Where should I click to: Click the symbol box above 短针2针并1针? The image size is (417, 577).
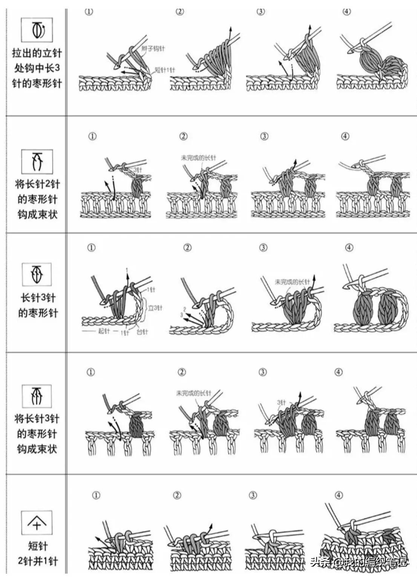pyautogui.click(x=37, y=523)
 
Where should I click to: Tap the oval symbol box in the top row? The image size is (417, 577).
pyautogui.click(x=37, y=30)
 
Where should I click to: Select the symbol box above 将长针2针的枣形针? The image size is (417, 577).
pyautogui.click(x=37, y=161)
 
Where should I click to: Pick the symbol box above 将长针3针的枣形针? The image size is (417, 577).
pyautogui.click(x=37, y=396)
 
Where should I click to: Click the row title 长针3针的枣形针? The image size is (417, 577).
pyautogui.click(x=38, y=305)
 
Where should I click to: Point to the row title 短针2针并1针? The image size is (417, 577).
pyautogui.click(x=38, y=553)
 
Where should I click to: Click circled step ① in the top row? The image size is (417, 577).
pyautogui.click(x=89, y=12)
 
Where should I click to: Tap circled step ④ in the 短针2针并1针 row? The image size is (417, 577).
pyautogui.click(x=339, y=495)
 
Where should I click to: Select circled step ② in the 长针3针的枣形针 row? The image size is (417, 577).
pyautogui.click(x=187, y=248)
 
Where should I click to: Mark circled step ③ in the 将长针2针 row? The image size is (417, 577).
pyautogui.click(x=264, y=136)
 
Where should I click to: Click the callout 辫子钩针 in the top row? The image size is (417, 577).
pyautogui.click(x=153, y=49)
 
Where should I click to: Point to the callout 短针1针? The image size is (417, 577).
pyautogui.click(x=165, y=70)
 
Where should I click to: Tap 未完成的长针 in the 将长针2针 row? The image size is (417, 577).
pyautogui.click(x=198, y=158)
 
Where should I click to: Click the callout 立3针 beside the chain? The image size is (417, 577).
pyautogui.click(x=155, y=308)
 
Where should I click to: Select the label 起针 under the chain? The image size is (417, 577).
pyautogui.click(x=104, y=332)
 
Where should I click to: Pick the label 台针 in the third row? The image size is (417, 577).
pyautogui.click(x=142, y=332)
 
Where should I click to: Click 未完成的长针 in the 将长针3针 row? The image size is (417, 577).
pyautogui.click(x=194, y=393)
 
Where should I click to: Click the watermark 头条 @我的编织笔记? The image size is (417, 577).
pyautogui.click(x=359, y=562)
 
